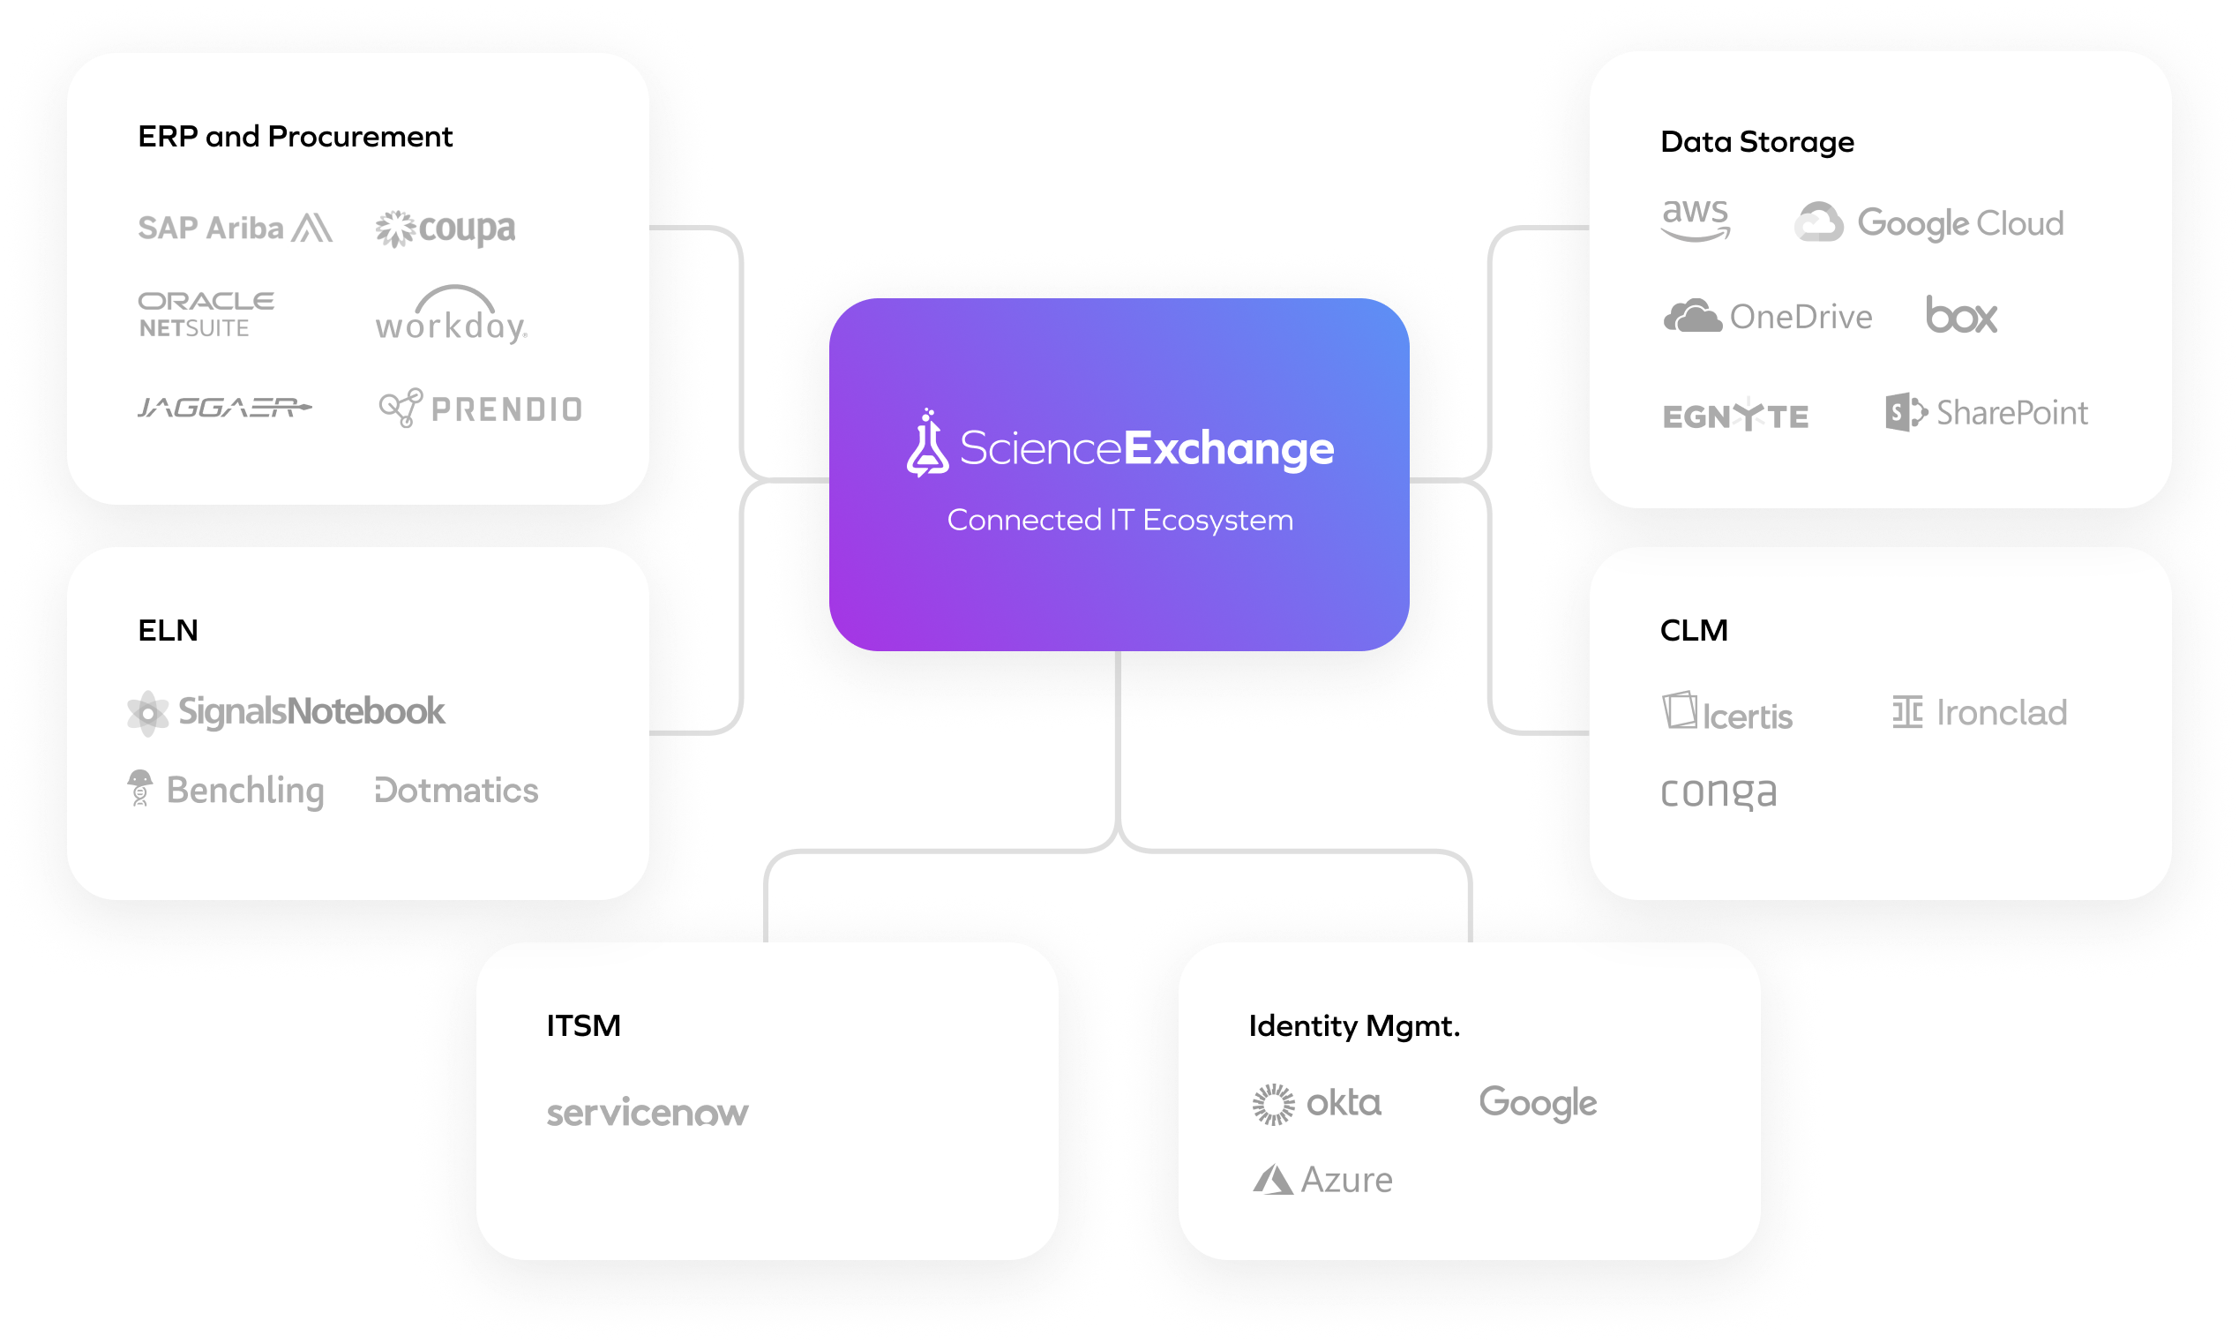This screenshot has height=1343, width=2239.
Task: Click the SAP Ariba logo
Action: coord(235,227)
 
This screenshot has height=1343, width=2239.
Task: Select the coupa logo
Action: coord(446,229)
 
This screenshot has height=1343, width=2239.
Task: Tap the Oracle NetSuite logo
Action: coord(206,314)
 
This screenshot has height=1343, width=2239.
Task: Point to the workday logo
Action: coord(451,316)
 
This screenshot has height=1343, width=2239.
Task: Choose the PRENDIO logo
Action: coord(481,409)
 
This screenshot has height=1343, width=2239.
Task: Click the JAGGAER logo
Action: coord(224,408)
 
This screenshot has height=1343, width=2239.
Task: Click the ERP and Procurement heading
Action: coord(295,137)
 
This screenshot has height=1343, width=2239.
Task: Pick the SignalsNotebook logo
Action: coord(286,712)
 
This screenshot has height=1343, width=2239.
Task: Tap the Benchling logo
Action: coord(226,790)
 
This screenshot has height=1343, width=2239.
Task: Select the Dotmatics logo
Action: coord(456,790)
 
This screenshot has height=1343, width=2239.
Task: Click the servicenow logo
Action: coord(647,1112)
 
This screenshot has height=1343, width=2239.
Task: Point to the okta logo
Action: coord(1317,1103)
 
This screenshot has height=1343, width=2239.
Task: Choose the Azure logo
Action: coord(1322,1180)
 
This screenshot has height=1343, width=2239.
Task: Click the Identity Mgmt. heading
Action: coord(1354,1026)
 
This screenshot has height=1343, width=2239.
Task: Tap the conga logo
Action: coord(1718,792)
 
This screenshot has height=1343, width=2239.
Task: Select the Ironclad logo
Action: coord(1980,713)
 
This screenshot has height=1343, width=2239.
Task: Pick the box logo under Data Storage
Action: coord(1961,316)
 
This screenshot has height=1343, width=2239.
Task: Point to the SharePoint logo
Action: coord(1987,413)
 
